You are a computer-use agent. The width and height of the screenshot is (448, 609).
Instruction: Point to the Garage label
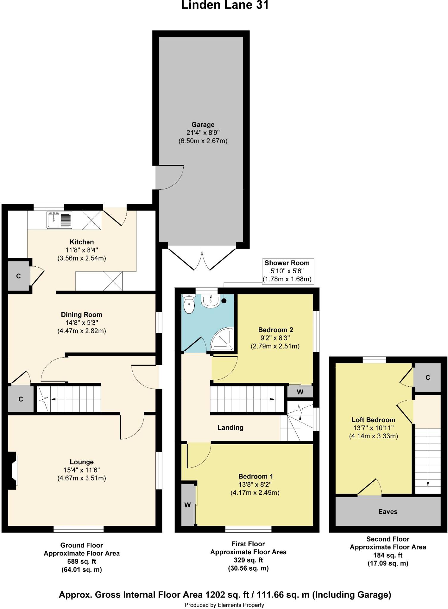click(203, 125)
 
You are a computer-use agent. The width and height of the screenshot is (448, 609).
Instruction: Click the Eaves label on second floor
click(388, 511)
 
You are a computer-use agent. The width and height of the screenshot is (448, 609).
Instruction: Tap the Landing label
click(230, 427)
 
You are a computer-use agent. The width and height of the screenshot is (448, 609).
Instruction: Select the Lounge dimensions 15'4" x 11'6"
click(82, 470)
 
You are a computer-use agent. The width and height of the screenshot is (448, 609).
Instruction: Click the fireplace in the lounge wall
click(13, 470)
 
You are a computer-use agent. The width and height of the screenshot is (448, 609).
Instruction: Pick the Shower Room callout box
click(287, 271)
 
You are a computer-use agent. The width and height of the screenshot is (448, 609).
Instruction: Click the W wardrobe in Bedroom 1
click(188, 505)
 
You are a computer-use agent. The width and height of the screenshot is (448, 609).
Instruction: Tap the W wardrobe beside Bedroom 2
click(300, 392)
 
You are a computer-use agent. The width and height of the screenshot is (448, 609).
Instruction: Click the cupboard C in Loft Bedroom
click(427, 377)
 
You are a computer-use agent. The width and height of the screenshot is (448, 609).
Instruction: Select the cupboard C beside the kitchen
click(18, 276)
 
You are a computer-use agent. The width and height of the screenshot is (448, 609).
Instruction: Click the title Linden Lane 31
click(225, 5)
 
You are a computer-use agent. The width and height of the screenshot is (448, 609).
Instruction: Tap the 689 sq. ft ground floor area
click(82, 561)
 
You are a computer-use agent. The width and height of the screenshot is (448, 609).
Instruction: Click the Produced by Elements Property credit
click(224, 605)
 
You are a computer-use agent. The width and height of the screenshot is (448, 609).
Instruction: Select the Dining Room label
click(82, 315)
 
